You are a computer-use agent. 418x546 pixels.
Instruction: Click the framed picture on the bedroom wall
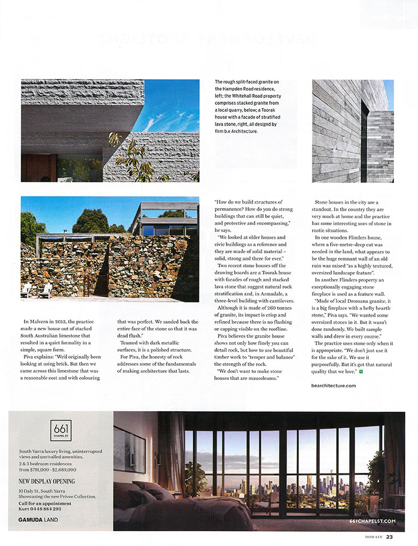point(130,448)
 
